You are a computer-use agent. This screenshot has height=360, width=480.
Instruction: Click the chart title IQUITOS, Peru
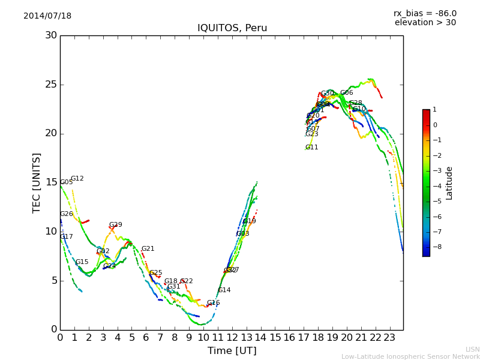tap(232, 28)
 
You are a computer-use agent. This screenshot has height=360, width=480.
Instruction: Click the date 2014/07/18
tap(47, 16)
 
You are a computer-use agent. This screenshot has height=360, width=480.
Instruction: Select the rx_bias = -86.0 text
tap(425, 13)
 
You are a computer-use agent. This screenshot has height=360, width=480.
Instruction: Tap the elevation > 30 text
tap(425, 23)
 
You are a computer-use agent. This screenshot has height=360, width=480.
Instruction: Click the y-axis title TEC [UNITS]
tap(37, 182)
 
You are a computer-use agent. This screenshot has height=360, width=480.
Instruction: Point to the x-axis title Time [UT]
tap(232, 351)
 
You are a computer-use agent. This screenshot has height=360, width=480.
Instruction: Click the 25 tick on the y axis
tap(50, 85)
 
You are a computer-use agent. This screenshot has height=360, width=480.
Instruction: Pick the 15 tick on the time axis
tap(275, 338)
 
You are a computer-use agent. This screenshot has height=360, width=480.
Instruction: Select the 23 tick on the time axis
tap(389, 338)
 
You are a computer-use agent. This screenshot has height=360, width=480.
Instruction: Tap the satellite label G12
tap(77, 179)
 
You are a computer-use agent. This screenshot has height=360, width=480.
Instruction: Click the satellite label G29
tap(115, 225)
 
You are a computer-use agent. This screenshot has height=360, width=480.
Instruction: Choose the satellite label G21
tap(148, 249)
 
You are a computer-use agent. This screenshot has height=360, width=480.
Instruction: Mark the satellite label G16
tap(213, 303)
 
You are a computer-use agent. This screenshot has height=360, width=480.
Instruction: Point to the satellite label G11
tap(311, 148)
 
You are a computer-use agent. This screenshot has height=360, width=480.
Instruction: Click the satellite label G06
tap(346, 93)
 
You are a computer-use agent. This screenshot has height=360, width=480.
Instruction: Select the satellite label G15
tap(82, 262)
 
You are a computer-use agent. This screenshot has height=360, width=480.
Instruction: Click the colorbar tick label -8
tap(435, 246)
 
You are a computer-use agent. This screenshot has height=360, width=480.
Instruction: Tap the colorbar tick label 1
tap(435, 110)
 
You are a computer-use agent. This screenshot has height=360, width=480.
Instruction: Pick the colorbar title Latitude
tap(449, 182)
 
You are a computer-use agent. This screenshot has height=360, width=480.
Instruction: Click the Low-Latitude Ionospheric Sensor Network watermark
tap(410, 357)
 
